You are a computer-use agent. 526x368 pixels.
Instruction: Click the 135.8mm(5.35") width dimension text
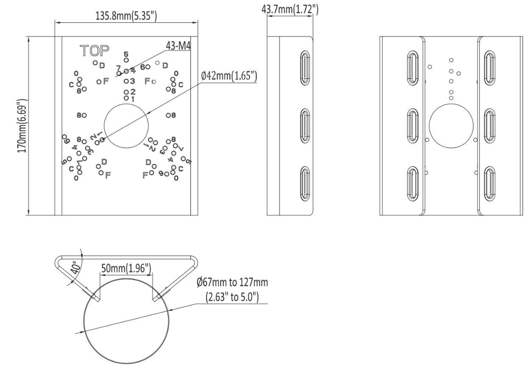coord(126,16)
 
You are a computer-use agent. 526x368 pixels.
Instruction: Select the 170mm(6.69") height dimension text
coord(22,126)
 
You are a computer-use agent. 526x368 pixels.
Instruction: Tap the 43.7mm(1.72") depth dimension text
coord(290,9)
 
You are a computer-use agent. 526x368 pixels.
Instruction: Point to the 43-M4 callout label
coord(178,46)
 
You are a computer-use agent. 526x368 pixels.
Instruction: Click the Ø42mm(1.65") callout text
coord(229,76)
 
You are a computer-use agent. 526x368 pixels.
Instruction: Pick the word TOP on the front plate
coord(95,51)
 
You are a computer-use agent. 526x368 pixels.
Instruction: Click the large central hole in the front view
coord(126,126)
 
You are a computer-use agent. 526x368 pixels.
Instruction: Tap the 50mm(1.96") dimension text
coord(126,268)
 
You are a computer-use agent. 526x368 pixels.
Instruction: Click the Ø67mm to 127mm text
coord(232,282)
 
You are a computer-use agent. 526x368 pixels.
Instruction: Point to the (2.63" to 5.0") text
coord(232,297)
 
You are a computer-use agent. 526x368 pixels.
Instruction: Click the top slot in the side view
coord(304,67)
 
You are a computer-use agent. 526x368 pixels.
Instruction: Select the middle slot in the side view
coord(304,126)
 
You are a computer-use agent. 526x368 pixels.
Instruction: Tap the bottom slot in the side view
coord(304,184)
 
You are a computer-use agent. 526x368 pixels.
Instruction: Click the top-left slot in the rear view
coord(413,68)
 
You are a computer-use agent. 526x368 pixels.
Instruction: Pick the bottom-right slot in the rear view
coord(490,184)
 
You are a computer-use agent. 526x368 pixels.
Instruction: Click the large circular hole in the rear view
coord(451,126)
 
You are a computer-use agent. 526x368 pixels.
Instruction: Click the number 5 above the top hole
coord(126,54)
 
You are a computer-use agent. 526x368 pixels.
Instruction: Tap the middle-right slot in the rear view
coord(490,126)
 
